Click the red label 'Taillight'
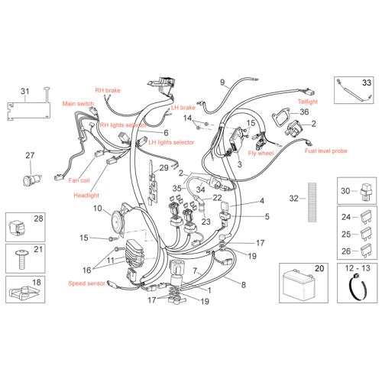click(308, 102)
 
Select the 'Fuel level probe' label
click(326, 151)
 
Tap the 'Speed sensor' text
click(86, 283)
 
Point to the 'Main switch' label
click(78, 104)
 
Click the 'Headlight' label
click(86, 196)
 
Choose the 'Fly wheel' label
click(261, 153)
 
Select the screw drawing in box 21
click(22, 259)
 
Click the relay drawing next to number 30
click(366, 193)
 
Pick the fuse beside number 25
click(366, 235)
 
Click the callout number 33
click(367, 83)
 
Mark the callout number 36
click(304, 112)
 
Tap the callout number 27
click(30, 155)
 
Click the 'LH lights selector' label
click(171, 142)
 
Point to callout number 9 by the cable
click(222, 83)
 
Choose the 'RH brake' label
click(108, 90)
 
